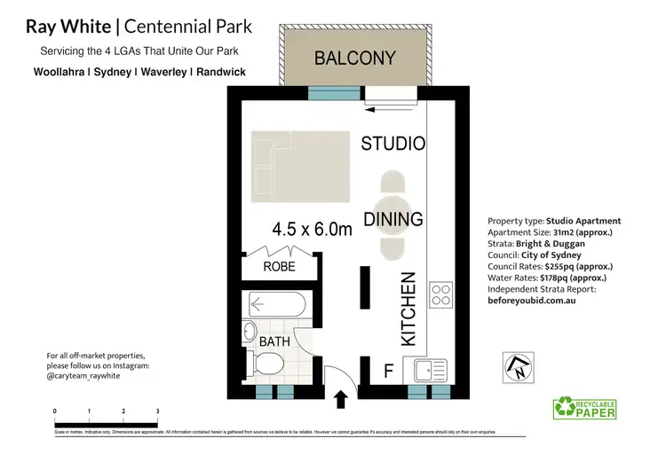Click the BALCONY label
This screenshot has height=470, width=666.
click(x=354, y=59)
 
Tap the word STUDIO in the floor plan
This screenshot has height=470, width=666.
click(x=392, y=144)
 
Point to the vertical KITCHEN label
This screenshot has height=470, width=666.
click(x=408, y=309)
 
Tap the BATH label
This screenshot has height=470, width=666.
click(x=274, y=341)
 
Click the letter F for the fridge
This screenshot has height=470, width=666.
click(x=387, y=370)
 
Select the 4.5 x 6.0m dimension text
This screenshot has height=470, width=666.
click(x=313, y=230)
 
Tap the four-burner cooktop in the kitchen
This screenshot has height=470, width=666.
click(x=440, y=294)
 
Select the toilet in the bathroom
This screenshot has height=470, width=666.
click(x=265, y=363)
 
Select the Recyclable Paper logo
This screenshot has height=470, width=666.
click(x=584, y=408)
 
